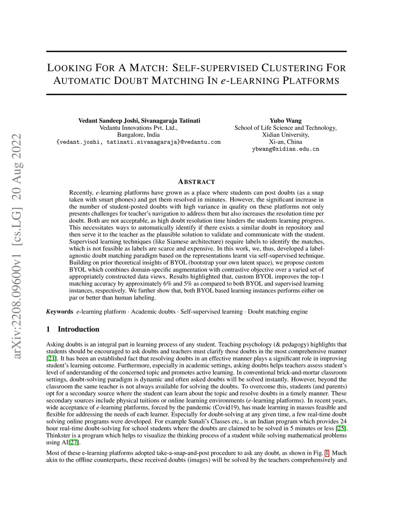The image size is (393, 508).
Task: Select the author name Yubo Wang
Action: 285,121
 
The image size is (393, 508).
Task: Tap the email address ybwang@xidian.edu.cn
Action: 285,149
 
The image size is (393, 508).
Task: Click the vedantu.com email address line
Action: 138,142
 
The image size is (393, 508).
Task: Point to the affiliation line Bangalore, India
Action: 138,135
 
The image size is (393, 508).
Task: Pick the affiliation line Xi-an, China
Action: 285,141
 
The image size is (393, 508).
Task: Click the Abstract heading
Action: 196,182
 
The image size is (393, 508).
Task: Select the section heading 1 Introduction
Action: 73,329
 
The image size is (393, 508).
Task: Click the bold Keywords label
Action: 59,311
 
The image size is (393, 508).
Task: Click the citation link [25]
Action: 340,428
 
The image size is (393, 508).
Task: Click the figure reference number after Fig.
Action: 327,453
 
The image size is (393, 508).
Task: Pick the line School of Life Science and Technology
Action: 285,128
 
